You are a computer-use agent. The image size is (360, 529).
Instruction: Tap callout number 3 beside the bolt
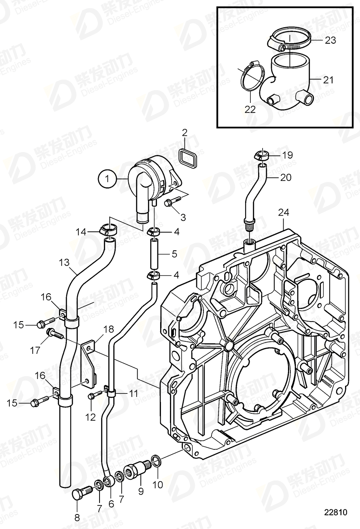pyautogui.click(x=183, y=218)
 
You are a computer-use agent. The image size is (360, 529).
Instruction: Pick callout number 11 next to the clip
pyautogui.click(x=133, y=393)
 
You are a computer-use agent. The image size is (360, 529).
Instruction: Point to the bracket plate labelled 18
pyautogui.click(x=88, y=364)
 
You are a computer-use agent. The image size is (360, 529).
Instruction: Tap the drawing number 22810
pyautogui.click(x=335, y=512)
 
